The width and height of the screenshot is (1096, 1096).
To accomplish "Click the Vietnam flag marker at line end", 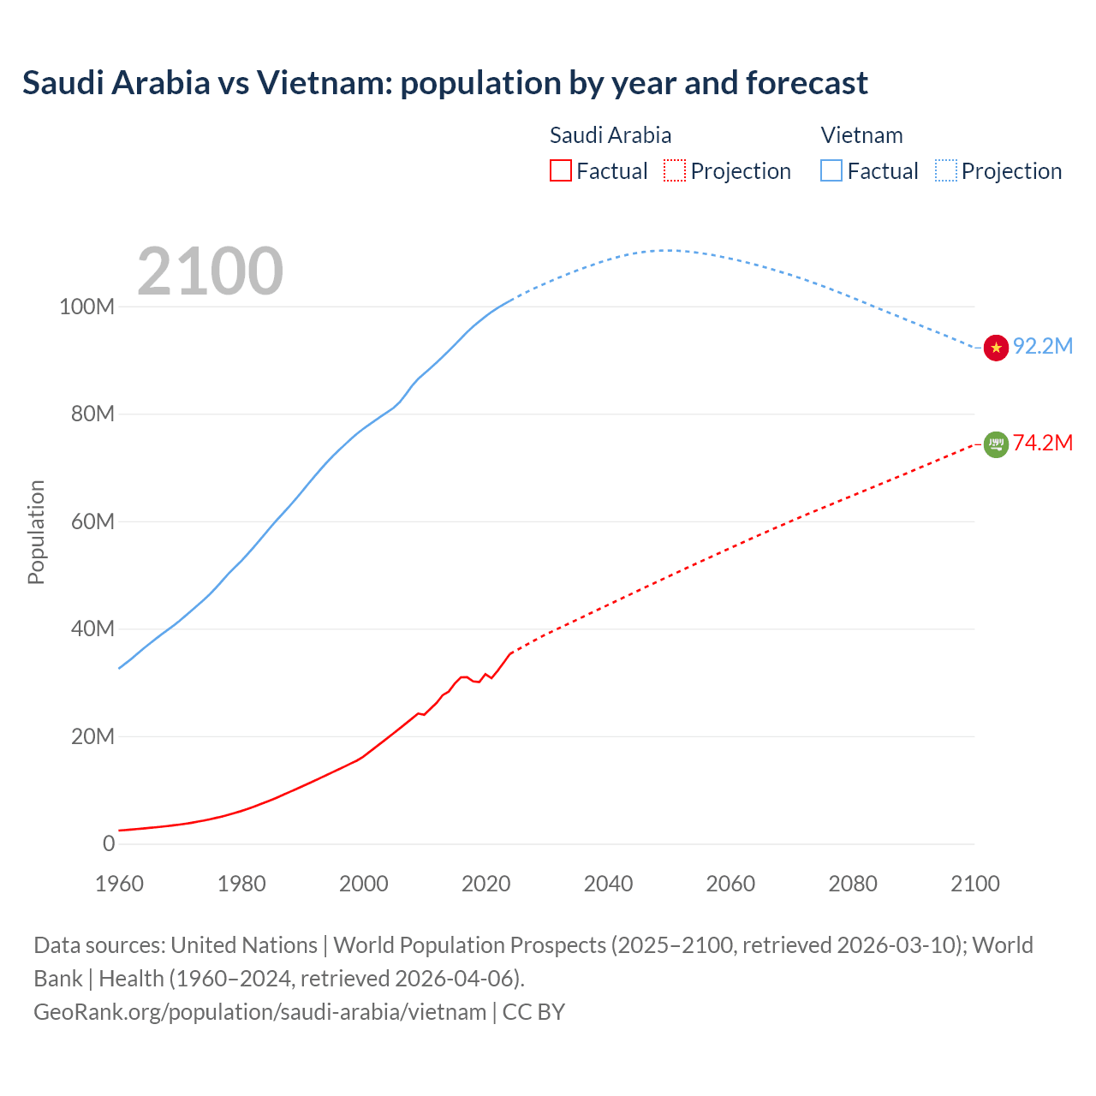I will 996,348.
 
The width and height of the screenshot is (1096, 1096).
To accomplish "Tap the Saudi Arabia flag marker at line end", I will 996,444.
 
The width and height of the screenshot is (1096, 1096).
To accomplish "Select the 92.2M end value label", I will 1043,346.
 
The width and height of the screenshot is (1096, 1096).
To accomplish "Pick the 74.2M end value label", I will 1043,443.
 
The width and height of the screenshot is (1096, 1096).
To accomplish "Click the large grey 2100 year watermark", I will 210,271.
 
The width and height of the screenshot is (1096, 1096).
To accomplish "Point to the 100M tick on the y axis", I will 86,307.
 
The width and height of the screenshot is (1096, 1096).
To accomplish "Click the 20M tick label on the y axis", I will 92,736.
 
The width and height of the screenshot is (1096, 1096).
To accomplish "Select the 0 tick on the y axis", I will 108,843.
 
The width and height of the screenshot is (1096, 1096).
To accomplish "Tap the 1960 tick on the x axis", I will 119,884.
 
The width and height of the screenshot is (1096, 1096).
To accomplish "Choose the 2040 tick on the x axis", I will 608,884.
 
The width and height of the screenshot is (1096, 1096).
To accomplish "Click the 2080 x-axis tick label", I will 853,884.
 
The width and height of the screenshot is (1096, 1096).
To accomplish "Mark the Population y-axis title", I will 36,532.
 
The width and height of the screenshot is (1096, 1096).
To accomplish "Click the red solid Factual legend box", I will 560,171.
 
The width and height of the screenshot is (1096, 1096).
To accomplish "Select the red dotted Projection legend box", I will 675,171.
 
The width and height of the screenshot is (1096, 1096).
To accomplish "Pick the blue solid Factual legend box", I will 831,171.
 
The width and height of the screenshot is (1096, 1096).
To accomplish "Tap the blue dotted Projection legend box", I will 946,171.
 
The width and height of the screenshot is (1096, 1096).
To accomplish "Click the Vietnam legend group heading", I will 861,135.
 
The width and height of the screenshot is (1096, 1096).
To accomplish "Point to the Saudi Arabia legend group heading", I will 611,135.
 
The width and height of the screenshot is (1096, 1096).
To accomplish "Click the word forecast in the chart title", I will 807,83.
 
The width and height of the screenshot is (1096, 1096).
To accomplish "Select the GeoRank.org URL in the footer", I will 259,1012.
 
